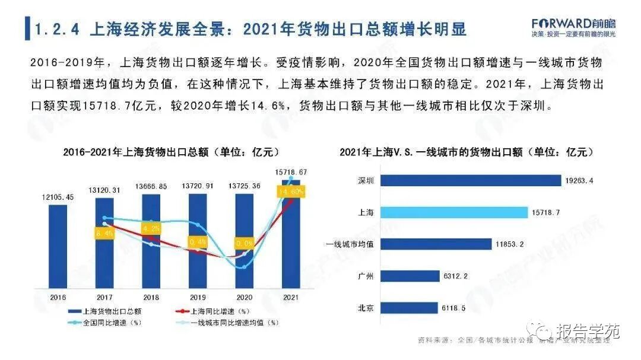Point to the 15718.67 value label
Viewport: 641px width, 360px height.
pyautogui.click(x=291, y=173)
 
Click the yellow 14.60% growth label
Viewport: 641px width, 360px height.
pyautogui.click(x=291, y=192)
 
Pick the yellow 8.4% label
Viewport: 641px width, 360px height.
pyautogui.click(x=105, y=233)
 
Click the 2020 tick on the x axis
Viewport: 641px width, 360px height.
pyautogui.click(x=244, y=297)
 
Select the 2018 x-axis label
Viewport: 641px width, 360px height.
pyautogui.click(x=151, y=297)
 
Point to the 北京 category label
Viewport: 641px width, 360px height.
pyautogui.click(x=366, y=308)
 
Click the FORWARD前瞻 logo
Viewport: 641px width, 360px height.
pyautogui.click(x=573, y=24)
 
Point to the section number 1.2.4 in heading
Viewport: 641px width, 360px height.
pyautogui.click(x=58, y=28)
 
